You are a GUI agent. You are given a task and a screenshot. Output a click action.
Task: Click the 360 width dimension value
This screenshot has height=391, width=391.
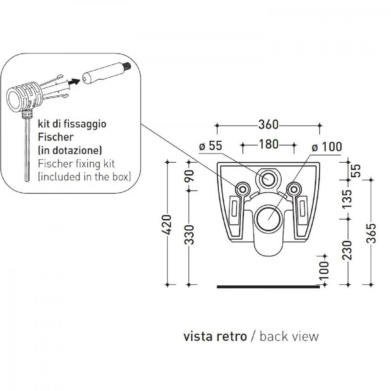[x=268, y=124]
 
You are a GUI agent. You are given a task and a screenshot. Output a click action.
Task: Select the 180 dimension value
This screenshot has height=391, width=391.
[x=268, y=144]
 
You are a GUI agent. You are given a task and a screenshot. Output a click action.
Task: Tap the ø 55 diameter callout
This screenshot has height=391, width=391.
[x=211, y=146]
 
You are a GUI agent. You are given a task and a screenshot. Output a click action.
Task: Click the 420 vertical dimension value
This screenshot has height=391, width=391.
[x=167, y=225]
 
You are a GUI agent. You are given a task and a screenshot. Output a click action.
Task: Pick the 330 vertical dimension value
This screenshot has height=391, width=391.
[x=189, y=234]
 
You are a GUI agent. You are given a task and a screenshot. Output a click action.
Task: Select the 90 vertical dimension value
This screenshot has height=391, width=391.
[x=189, y=176]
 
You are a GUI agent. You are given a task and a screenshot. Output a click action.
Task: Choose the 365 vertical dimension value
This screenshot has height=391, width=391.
[x=371, y=233]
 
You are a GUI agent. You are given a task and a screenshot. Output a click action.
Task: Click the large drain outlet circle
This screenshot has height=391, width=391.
[x=268, y=219]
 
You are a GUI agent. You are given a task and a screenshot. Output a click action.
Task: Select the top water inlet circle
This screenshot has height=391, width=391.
[x=268, y=179]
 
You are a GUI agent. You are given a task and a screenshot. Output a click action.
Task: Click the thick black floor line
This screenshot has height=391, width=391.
[x=268, y=287]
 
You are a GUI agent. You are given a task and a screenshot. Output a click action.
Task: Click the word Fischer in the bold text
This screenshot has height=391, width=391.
[x=55, y=137]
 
